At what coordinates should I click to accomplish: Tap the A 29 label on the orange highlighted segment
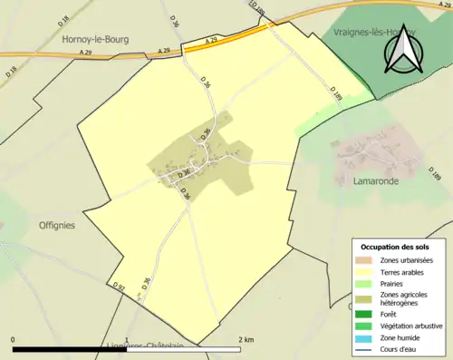pyautogui.click(x=211, y=41)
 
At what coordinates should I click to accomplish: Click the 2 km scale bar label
pyautogui.click(x=246, y=339)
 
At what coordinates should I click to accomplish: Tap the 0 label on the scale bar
pyautogui.click(x=14, y=339)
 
